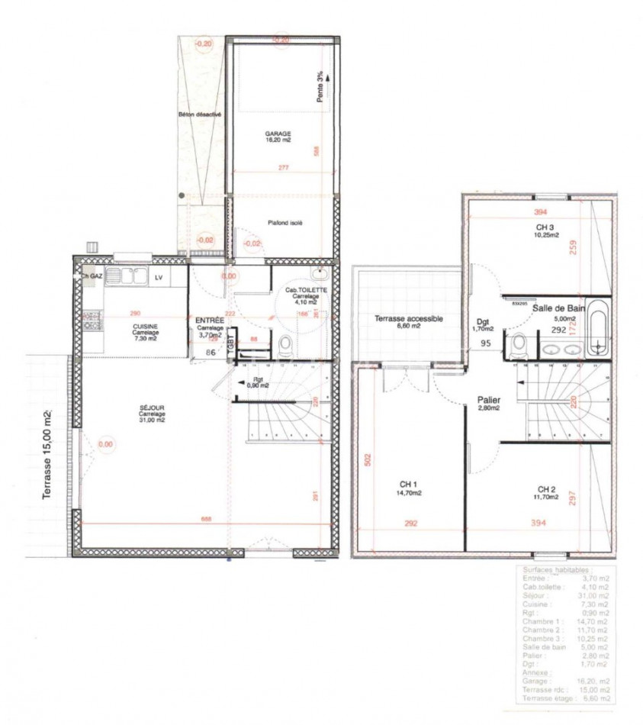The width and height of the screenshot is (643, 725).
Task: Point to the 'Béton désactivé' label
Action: click(200, 114)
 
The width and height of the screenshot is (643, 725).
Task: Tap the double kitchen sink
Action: click(126, 276)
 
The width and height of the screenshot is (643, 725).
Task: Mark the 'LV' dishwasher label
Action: click(159, 278)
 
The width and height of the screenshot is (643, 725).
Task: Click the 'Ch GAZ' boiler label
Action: click(92, 276)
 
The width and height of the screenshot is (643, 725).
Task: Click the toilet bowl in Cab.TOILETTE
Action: click(285, 346)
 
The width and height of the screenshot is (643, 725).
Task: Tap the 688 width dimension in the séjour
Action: click(206, 519)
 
